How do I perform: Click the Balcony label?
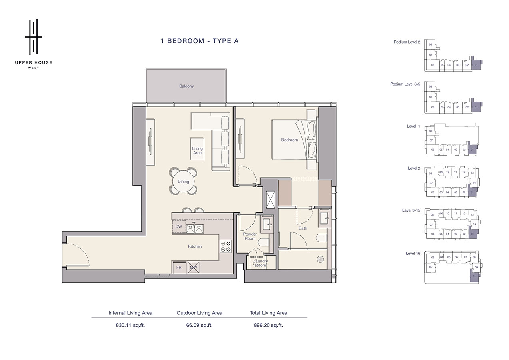(x=186, y=86)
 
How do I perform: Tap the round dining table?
(x=183, y=182)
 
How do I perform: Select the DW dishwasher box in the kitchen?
(x=179, y=227)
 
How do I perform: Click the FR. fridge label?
(x=179, y=268)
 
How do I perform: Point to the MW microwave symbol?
(x=194, y=268)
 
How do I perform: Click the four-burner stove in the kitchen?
(x=226, y=246)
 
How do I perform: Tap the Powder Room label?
(x=250, y=236)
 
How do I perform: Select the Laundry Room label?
(x=260, y=263)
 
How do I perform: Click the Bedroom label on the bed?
(x=289, y=140)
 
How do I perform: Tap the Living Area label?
(x=197, y=151)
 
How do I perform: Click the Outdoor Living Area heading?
(x=199, y=313)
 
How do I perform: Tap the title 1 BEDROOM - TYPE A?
(x=199, y=41)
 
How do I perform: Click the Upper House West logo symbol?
(x=33, y=37)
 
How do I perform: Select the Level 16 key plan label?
(x=413, y=253)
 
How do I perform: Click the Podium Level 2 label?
(x=407, y=42)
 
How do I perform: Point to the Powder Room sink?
(x=266, y=223)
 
